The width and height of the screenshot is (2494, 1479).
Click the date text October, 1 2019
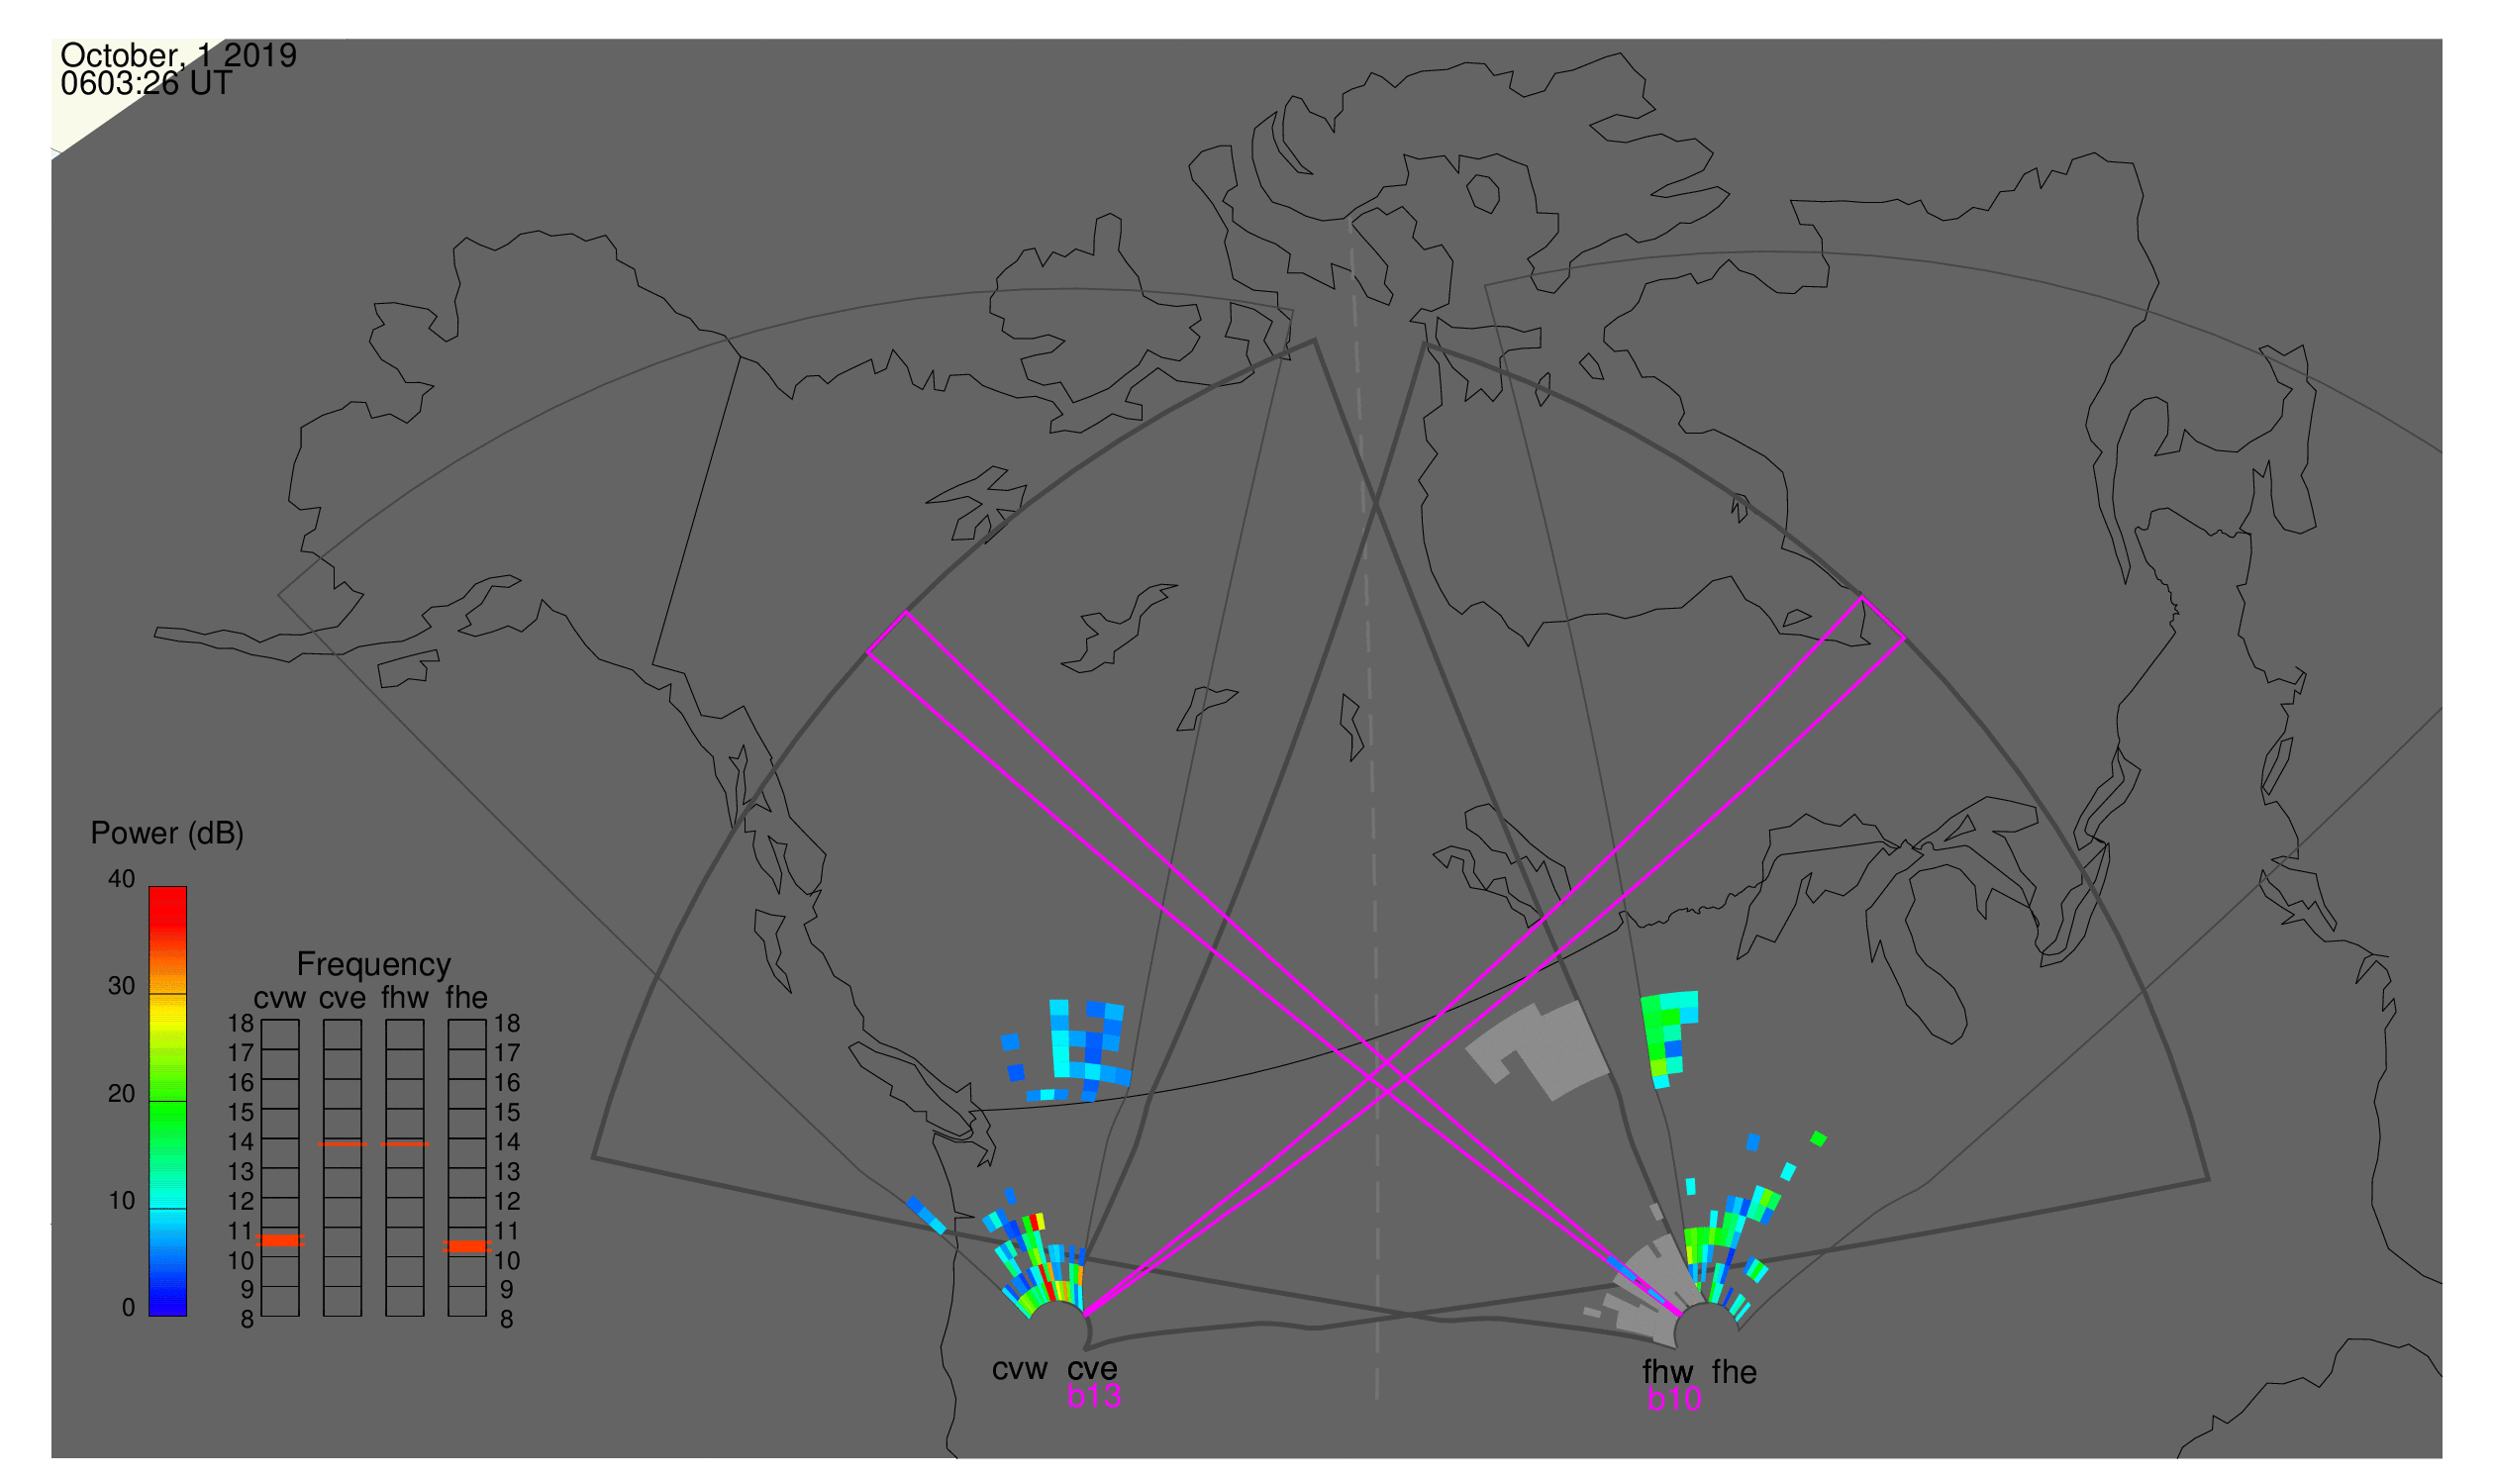pyautogui.click(x=178, y=54)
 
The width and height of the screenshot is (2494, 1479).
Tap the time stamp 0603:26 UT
pyautogui.click(x=147, y=84)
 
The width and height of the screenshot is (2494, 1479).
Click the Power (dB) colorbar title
pyautogui.click(x=167, y=835)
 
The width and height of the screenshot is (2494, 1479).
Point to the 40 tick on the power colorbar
pyautogui.click(x=122, y=879)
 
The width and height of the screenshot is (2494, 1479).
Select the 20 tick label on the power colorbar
pyautogui.click(x=122, y=1094)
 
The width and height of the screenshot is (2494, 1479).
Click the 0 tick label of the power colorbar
pyautogui.click(x=129, y=1309)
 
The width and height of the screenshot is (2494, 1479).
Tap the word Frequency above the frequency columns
pyautogui.click(x=374, y=965)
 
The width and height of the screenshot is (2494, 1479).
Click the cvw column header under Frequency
pyautogui.click(x=280, y=999)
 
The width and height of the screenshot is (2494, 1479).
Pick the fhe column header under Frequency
pyautogui.click(x=466, y=998)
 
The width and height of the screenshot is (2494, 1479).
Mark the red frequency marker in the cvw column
pyautogui.click(x=280, y=1241)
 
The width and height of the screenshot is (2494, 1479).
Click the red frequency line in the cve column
pyautogui.click(x=343, y=1145)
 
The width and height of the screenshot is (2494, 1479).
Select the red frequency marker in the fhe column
pyautogui.click(x=467, y=1247)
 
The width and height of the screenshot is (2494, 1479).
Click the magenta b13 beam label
pyautogui.click(x=1094, y=1397)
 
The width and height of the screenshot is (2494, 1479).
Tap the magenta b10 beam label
pyautogui.click(x=1674, y=1400)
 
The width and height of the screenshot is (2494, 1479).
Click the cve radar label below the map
pyautogui.click(x=1092, y=1369)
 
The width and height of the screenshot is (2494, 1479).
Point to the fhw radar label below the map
pyautogui.click(x=1667, y=1372)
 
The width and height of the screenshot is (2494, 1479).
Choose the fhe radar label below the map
pyautogui.click(x=1735, y=1372)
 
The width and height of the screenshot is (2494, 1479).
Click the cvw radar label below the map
pyautogui.click(x=1020, y=1369)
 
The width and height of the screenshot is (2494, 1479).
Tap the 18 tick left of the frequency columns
pyautogui.click(x=242, y=1024)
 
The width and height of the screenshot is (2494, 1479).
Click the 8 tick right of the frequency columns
pyautogui.click(x=507, y=1321)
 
